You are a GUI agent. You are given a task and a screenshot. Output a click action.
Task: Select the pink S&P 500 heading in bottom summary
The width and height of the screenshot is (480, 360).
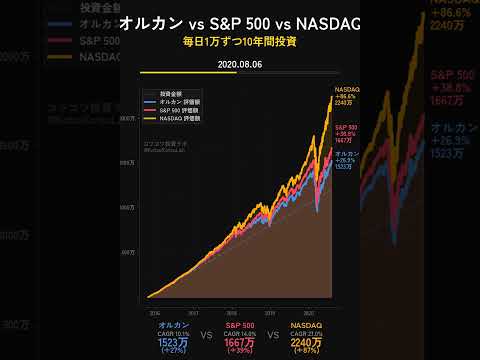240,324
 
